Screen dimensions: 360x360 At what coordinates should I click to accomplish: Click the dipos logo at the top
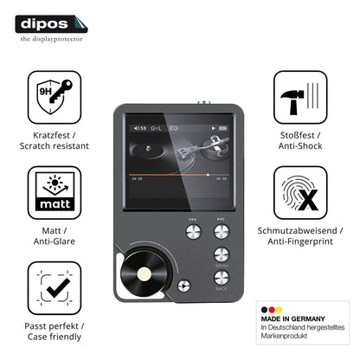click(x=51, y=24)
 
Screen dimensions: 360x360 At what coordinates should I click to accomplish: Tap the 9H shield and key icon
click(x=55, y=97)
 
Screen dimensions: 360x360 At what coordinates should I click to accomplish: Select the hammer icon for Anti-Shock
click(x=300, y=97)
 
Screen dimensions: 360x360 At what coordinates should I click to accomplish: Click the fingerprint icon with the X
click(x=300, y=193)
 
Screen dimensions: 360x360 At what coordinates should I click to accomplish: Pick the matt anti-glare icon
click(x=55, y=193)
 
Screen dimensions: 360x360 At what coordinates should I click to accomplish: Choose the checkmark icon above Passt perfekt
click(x=55, y=288)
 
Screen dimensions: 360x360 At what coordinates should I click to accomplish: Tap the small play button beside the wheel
click(x=183, y=286)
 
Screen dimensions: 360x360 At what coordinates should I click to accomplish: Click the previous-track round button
click(x=193, y=232)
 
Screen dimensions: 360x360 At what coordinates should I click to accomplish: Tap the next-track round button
click(x=222, y=232)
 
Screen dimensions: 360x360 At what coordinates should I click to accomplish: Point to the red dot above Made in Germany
click(x=272, y=310)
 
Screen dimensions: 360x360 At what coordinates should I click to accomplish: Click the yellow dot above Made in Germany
click(x=279, y=310)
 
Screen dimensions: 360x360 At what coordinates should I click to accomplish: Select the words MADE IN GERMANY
click(x=292, y=318)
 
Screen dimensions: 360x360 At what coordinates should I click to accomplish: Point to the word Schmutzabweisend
click(x=297, y=230)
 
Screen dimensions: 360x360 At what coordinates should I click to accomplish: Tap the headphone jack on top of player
click(x=204, y=102)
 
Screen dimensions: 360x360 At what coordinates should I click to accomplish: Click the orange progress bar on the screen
click(x=169, y=175)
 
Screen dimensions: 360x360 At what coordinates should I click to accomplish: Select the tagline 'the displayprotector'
click(x=51, y=39)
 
